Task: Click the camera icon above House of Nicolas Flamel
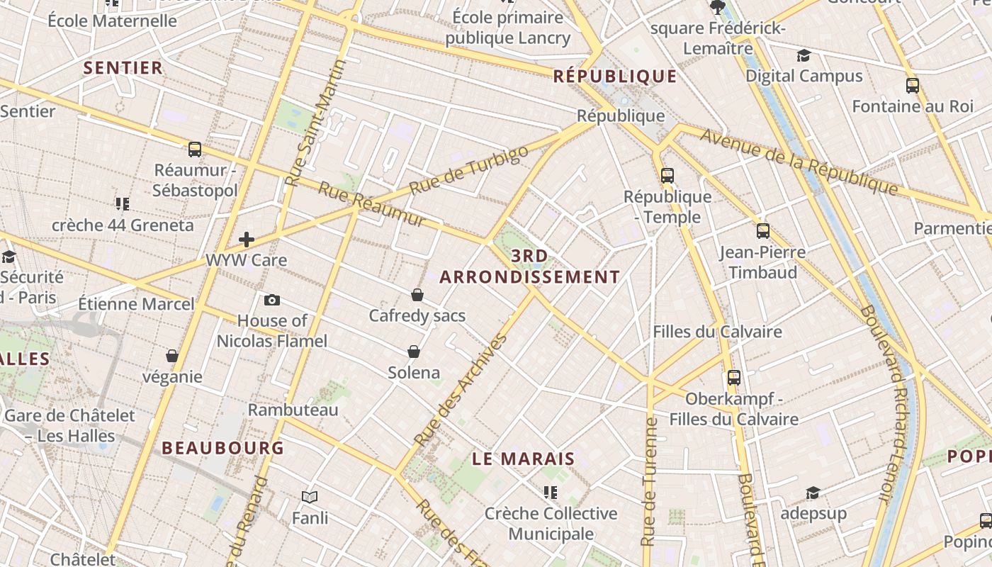click(271, 301)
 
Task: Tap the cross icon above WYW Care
click(247, 240)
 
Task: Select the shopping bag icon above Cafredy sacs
click(417, 295)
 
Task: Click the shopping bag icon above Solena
click(414, 352)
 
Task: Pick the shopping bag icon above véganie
click(172, 356)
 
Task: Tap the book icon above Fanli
click(310, 498)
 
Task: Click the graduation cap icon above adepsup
click(813, 493)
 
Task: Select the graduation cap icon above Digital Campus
click(804, 55)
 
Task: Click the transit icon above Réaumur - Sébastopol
click(195, 150)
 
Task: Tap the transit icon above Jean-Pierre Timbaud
click(763, 231)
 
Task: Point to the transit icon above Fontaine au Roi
click(913, 86)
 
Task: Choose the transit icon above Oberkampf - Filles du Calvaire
click(734, 378)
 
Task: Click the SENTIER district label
click(123, 68)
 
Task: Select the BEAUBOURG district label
click(222, 448)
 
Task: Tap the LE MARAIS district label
click(523, 459)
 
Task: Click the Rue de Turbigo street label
click(469, 171)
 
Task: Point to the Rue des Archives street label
click(461, 390)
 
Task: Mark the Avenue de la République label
click(799, 162)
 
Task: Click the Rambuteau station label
click(293, 410)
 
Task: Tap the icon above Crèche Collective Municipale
click(550, 492)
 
